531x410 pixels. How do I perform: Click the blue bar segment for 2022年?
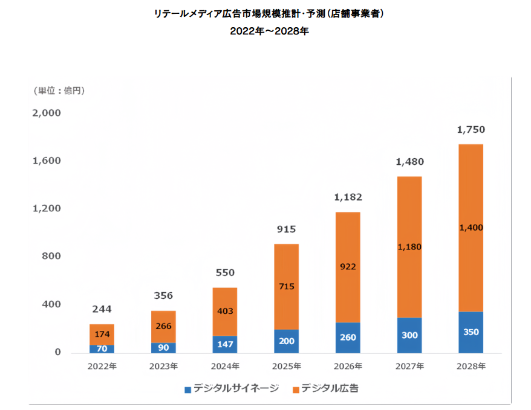point(102,348)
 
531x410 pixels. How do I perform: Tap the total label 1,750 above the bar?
point(471,129)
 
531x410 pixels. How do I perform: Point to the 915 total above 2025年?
point(286,229)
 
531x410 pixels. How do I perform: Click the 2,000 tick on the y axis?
point(47,113)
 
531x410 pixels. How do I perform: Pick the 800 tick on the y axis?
point(52,256)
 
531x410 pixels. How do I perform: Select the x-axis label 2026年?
point(348,366)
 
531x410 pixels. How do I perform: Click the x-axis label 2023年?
point(163,366)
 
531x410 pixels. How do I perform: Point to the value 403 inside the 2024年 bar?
point(224,312)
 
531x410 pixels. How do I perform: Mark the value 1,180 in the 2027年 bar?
point(409,247)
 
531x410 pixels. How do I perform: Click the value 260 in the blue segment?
point(348,338)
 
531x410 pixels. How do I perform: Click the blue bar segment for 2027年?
point(409,335)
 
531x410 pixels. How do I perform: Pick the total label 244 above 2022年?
point(102,310)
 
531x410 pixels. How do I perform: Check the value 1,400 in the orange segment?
point(471,228)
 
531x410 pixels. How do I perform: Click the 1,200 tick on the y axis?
point(47,208)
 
